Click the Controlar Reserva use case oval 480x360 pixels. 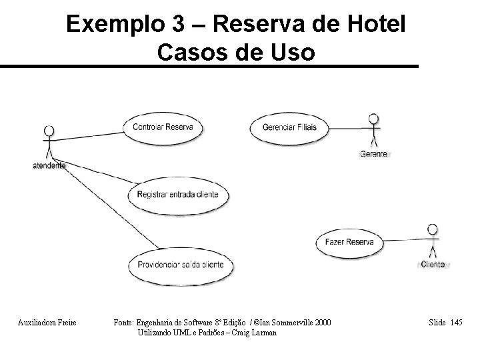pos(163,127)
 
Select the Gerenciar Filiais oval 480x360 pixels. pos(289,127)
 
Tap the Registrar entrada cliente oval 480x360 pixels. pos(181,195)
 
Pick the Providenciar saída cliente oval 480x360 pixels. pos(181,264)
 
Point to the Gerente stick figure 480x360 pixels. pos(373,131)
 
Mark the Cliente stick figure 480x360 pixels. pos(433,241)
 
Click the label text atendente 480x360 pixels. pos(49,165)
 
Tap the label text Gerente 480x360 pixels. pos(373,154)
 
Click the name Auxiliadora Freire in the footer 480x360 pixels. pos(47,323)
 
